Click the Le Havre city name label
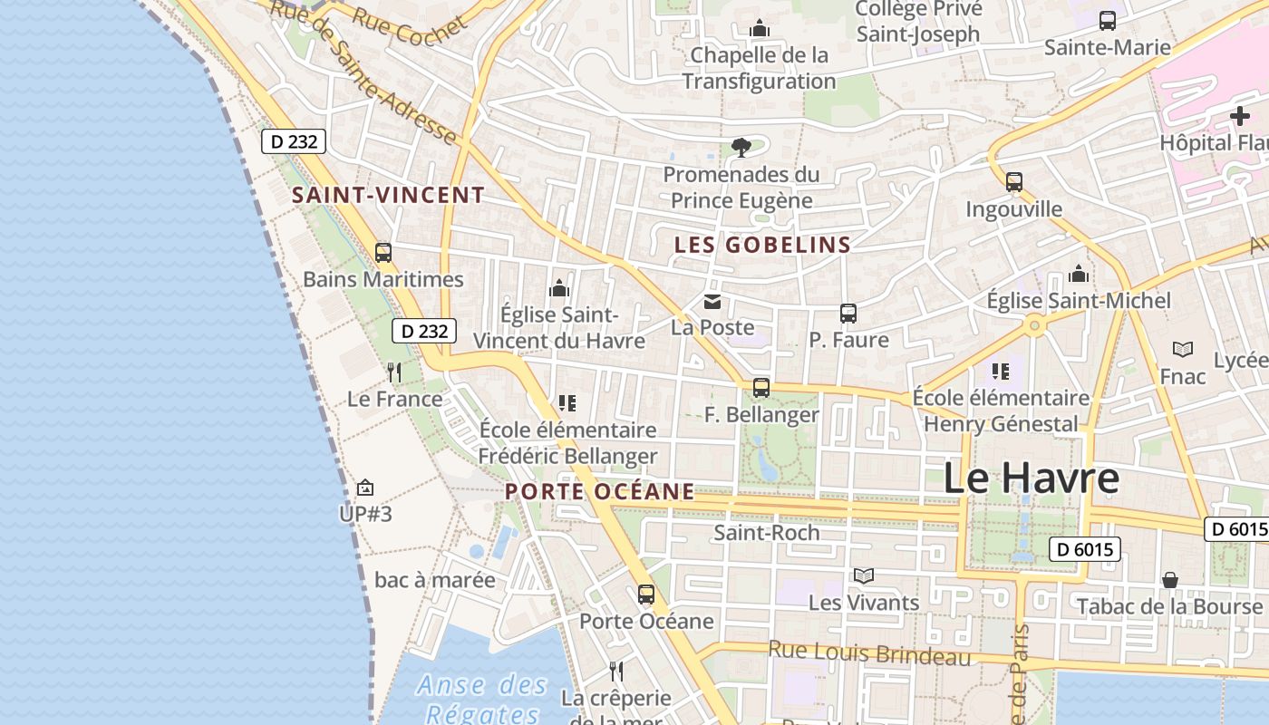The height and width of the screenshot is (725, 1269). (x=1032, y=478)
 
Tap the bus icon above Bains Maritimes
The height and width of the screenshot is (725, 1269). (x=383, y=253)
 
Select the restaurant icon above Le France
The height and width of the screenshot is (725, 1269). (x=394, y=372)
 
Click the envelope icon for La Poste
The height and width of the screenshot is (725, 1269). (x=712, y=301)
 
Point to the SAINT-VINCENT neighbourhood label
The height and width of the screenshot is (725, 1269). (x=388, y=195)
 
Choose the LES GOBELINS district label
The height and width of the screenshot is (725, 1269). (x=762, y=245)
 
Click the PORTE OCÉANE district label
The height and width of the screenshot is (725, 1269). (x=600, y=491)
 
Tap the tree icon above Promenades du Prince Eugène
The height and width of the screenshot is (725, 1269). (x=741, y=147)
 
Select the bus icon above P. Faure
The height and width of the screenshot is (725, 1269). (x=848, y=314)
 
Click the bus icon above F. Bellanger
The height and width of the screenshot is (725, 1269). (x=761, y=388)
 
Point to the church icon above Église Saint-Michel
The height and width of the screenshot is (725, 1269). (x=1079, y=274)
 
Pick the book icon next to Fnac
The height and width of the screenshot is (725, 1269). (x=1183, y=349)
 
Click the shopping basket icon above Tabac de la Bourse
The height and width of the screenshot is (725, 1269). (x=1170, y=579)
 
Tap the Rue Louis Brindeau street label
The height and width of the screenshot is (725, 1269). (x=869, y=652)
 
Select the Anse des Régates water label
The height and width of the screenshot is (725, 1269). (x=483, y=699)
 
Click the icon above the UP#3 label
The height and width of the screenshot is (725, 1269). (x=365, y=488)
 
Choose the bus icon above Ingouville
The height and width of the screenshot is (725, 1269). (x=1014, y=182)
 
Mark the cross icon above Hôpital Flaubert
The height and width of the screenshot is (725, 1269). (x=1239, y=116)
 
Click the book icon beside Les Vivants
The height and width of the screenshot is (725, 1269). (x=864, y=575)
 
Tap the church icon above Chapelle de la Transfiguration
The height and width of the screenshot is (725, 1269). (x=760, y=30)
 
